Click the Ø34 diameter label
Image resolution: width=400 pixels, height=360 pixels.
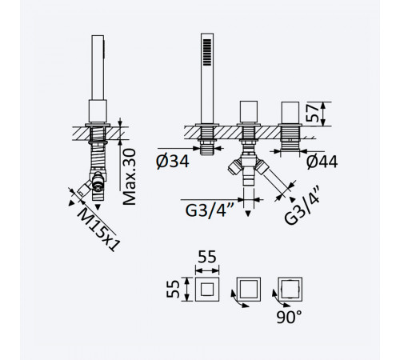(173, 162)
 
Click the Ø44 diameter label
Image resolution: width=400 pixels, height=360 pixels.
(322, 162)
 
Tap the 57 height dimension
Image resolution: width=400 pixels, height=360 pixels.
(312, 113)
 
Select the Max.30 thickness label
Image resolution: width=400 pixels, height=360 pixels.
(130, 177)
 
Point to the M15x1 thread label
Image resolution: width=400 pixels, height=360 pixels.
(98, 229)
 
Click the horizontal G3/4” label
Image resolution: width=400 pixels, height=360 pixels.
(210, 210)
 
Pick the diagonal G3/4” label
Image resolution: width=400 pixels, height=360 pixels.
(302, 205)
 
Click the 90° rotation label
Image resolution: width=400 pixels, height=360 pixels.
(289, 317)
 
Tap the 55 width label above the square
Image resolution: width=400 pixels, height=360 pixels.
(207, 258)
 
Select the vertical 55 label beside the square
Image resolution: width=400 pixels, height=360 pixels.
(173, 289)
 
